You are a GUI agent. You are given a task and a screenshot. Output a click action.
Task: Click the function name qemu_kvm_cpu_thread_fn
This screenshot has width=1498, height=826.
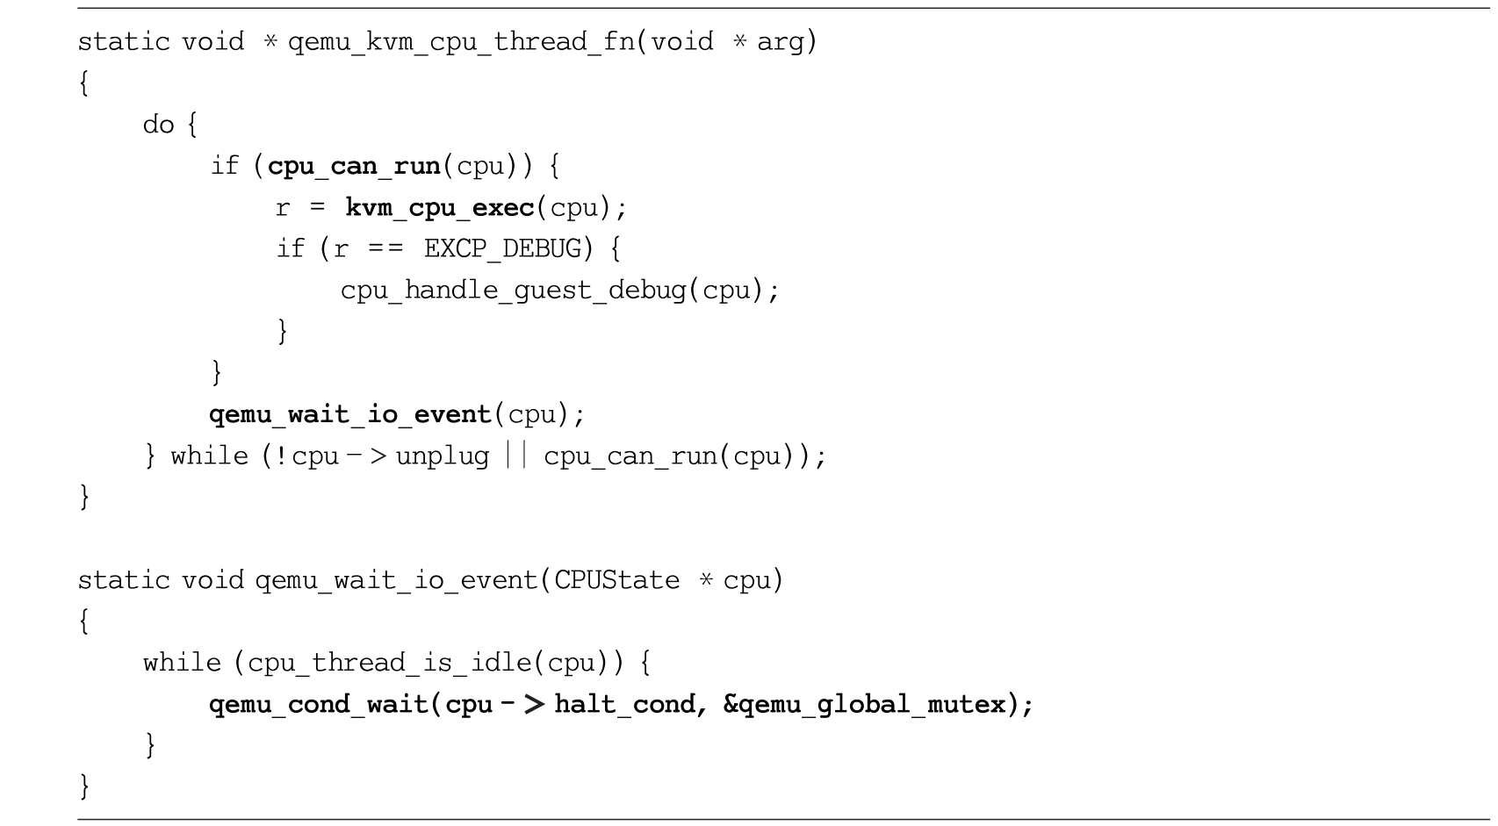[462, 42]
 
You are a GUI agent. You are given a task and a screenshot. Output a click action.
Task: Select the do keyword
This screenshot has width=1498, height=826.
[159, 125]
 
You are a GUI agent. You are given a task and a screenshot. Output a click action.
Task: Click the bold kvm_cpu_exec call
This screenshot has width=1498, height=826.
[440, 208]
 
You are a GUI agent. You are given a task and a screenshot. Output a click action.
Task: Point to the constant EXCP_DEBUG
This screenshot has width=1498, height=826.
[503, 248]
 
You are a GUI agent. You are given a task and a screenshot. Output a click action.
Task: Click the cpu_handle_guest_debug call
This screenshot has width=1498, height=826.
[514, 291]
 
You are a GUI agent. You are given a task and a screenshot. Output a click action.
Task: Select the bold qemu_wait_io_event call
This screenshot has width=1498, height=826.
[350, 415]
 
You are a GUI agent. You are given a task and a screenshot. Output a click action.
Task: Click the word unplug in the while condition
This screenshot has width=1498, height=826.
[442, 456]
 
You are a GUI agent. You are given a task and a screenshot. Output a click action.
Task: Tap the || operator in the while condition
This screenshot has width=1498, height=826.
[516, 456]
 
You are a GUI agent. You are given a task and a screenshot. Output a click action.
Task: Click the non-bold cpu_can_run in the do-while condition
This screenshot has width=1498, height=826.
[631, 456]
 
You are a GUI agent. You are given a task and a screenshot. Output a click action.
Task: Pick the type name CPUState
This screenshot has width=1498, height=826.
[616, 580]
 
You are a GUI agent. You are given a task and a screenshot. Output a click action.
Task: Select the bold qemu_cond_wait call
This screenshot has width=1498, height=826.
[319, 705]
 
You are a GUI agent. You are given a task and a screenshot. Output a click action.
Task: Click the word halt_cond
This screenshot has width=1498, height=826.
[625, 704]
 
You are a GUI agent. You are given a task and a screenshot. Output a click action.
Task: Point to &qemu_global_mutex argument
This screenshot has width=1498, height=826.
[865, 705]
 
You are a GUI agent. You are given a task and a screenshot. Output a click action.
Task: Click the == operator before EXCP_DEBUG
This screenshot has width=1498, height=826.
[385, 248]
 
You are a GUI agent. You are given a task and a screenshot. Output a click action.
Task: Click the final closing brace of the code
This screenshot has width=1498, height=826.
[84, 786]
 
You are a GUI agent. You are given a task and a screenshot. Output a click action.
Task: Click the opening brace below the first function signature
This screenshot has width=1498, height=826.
[84, 83]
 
